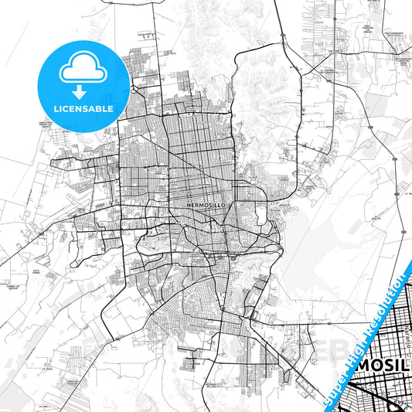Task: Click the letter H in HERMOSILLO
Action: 189,205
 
